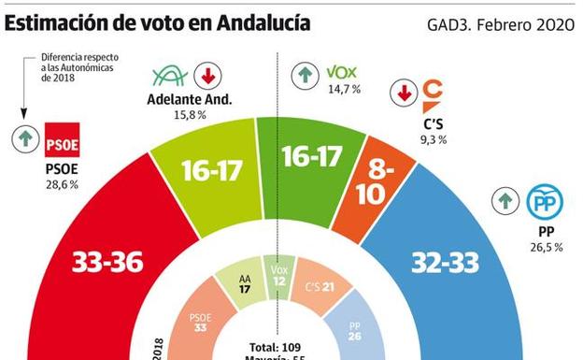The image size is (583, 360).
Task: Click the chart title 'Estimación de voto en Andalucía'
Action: [159, 22]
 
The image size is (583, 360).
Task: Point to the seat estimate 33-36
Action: [109, 264]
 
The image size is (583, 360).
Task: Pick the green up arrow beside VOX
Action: [305, 73]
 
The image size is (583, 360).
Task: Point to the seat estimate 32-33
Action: [447, 264]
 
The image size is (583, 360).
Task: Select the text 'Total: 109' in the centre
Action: [272, 345]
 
